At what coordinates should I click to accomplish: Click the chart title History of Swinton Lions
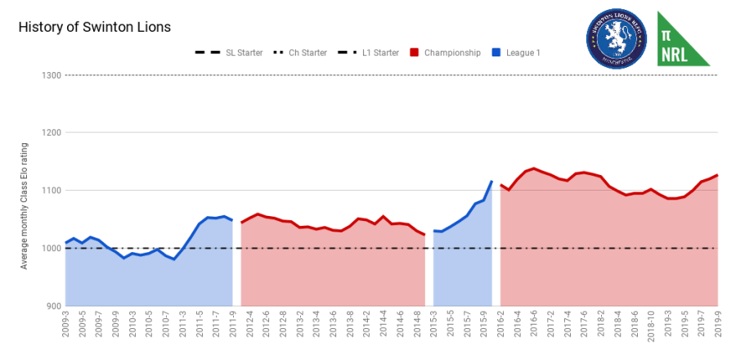tap(94, 27)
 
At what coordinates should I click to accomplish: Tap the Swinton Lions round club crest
tap(616, 38)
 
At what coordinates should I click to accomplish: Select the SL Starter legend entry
tap(230, 53)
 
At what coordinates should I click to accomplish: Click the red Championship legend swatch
tap(415, 53)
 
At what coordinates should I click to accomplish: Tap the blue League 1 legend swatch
tap(496, 53)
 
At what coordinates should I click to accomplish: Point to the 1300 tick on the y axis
tap(50, 75)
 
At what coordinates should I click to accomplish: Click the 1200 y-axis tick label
tap(50, 133)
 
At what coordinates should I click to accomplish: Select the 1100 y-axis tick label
tap(50, 191)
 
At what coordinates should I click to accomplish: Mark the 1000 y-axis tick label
tap(50, 248)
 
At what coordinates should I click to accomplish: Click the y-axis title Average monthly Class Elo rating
tap(25, 205)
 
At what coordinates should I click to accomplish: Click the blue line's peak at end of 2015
tap(491, 182)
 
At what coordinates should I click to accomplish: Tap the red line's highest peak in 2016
tap(534, 169)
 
